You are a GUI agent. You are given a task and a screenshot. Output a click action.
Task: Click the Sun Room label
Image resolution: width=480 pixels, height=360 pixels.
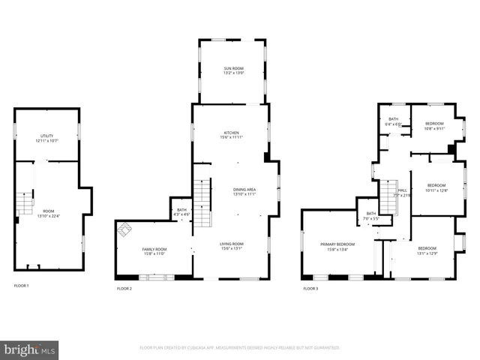(x=232, y=69)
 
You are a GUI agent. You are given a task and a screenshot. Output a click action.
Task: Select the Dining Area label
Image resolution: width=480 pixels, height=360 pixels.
(x=244, y=190)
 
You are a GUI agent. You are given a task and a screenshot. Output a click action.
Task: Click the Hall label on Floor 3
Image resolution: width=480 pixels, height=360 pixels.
(x=402, y=190)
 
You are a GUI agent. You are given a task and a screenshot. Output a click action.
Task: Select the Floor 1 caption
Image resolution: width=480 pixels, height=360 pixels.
(x=22, y=286)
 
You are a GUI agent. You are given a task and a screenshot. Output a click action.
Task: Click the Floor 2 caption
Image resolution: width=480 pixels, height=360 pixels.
(x=124, y=289)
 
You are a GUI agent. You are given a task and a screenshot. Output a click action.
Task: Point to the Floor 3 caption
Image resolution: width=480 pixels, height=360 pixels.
(x=310, y=289)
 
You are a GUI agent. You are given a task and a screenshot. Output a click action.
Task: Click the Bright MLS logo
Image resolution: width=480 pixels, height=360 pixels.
(x=30, y=349)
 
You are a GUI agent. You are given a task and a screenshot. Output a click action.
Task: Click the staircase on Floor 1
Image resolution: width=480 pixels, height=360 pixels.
(x=26, y=202)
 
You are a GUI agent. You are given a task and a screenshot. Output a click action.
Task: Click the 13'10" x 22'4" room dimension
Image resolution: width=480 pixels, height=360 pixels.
(x=48, y=216)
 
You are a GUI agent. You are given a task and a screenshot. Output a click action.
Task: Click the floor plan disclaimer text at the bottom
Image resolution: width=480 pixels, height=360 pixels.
(x=240, y=348)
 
